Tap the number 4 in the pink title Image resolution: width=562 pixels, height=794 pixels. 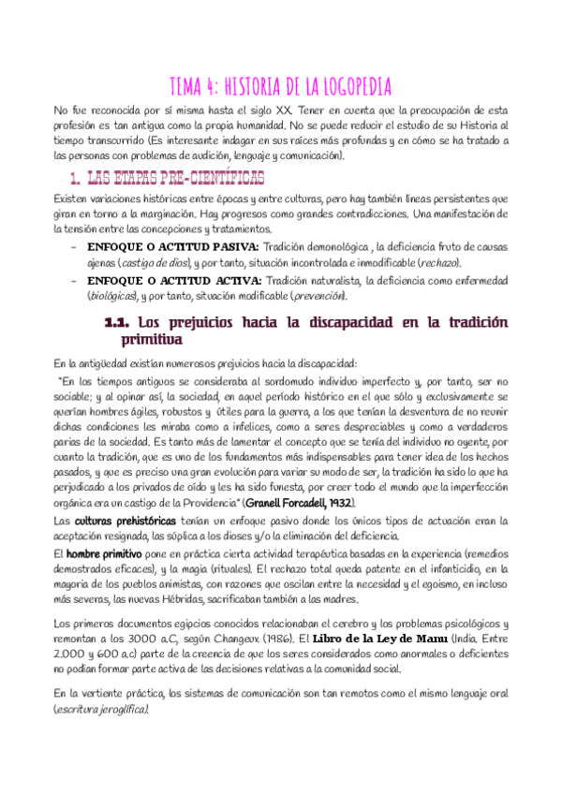217,87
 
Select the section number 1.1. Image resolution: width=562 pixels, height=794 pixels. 118,322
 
